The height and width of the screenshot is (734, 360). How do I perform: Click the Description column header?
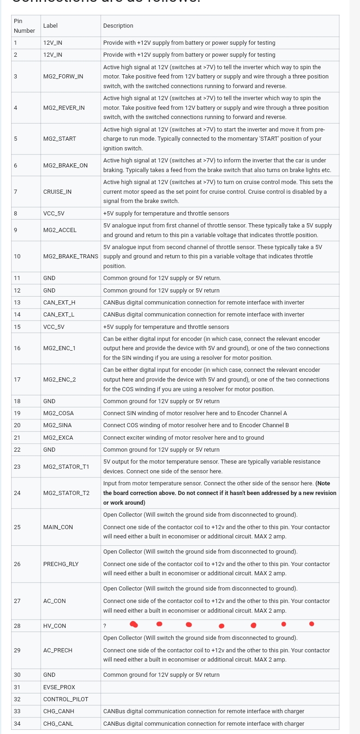(x=118, y=26)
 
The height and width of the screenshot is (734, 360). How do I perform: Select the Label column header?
(x=50, y=26)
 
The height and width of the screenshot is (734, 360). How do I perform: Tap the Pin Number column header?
(x=24, y=26)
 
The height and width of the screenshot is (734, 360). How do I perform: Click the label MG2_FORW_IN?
(x=63, y=77)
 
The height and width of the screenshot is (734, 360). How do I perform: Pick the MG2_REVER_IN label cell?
(x=64, y=108)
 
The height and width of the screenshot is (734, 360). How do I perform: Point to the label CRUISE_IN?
(x=57, y=192)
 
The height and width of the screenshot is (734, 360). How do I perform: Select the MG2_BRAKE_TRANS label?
(x=71, y=257)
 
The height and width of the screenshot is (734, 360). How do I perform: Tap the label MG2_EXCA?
(x=58, y=438)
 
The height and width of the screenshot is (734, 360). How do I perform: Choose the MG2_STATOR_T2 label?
(x=66, y=493)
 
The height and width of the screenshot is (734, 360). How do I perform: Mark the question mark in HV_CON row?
(x=105, y=626)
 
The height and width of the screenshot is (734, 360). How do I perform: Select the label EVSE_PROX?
(x=59, y=687)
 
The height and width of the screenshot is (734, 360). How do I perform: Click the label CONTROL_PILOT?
(x=66, y=699)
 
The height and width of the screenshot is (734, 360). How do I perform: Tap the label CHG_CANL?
(x=58, y=724)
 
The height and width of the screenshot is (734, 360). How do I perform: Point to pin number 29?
(x=17, y=650)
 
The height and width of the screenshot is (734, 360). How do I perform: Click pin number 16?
(x=17, y=348)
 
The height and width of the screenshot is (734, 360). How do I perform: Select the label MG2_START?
(x=60, y=139)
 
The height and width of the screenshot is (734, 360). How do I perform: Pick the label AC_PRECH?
(x=58, y=650)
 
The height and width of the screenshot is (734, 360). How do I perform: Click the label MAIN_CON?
(x=58, y=527)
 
